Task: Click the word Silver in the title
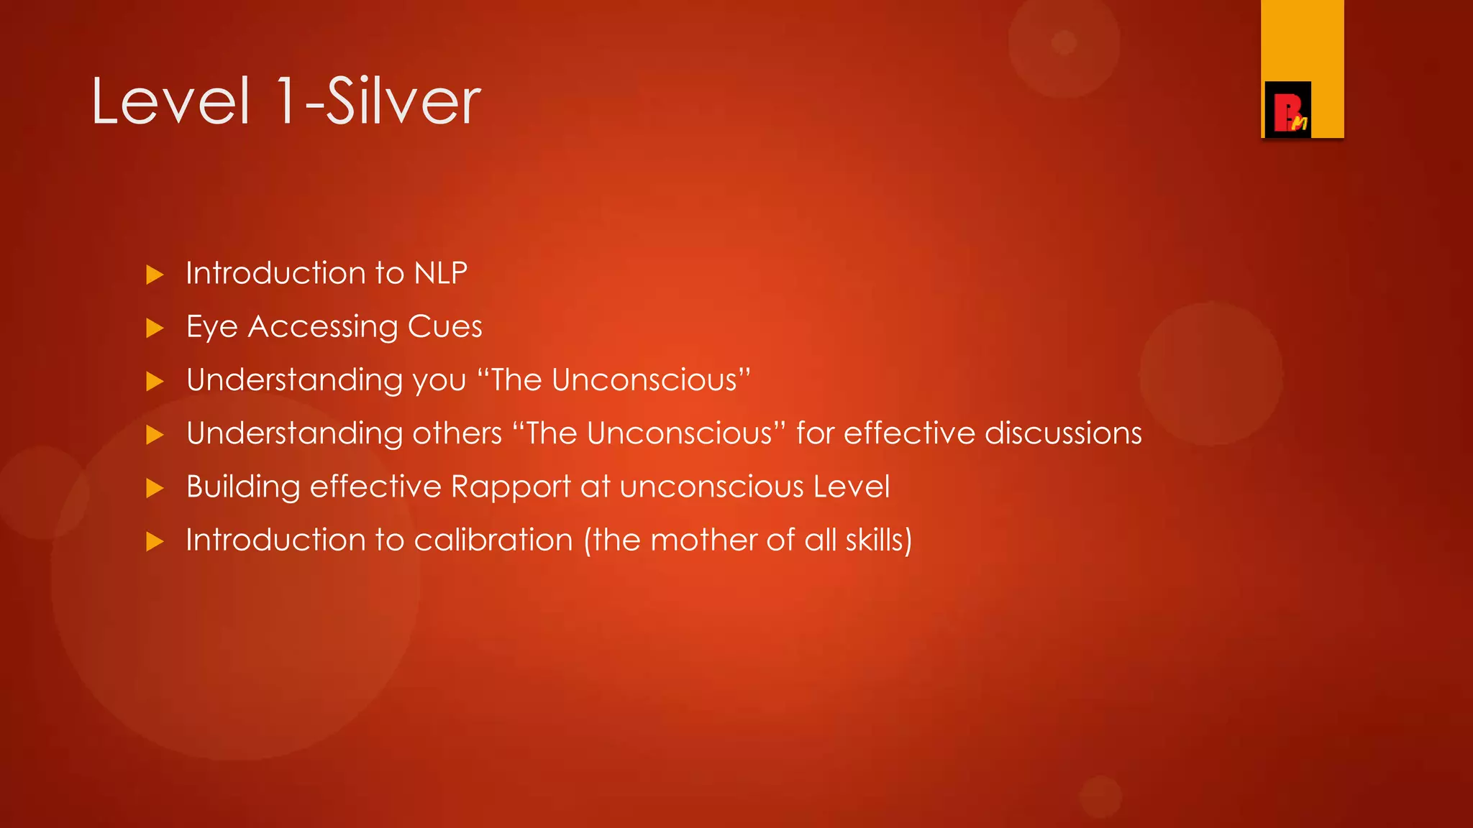click(403, 101)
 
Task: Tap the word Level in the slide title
click(170, 101)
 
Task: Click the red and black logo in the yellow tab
click(1287, 110)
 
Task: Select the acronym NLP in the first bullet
click(441, 273)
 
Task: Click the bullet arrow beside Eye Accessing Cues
click(155, 328)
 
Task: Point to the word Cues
click(444, 327)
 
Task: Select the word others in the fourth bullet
click(457, 433)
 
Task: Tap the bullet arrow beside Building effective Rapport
click(155, 489)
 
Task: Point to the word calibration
click(493, 540)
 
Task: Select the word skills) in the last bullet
click(879, 540)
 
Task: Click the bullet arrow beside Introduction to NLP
click(155, 275)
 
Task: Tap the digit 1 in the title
click(286, 101)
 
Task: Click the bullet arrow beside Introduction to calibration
click(155, 541)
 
